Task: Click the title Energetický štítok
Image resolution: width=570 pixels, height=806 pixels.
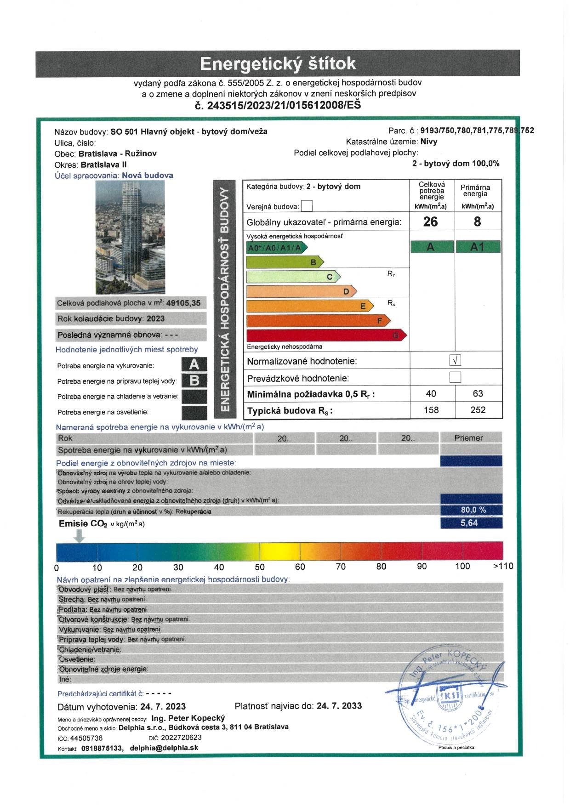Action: pos(278,63)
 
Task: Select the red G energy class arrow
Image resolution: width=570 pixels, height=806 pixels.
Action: pos(326,335)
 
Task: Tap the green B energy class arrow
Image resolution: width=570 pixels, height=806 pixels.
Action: pos(285,262)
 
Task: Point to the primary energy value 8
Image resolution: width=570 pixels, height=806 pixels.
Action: pos(477,221)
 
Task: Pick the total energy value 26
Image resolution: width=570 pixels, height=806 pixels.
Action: pos(430,221)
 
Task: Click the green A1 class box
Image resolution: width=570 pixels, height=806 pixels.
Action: pos(478,247)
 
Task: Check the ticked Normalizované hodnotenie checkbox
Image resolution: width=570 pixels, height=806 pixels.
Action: pos(455,360)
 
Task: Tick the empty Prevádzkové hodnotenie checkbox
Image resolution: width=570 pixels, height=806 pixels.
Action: pos(455,377)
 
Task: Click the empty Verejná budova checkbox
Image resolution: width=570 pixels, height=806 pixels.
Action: pos(307,206)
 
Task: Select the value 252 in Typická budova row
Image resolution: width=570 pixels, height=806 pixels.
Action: pos(478,410)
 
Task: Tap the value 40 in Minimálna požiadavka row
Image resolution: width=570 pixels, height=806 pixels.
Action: pos(431,393)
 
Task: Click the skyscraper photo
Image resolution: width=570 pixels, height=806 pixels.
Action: pos(130,237)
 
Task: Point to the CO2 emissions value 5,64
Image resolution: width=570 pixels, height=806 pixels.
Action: pos(469,523)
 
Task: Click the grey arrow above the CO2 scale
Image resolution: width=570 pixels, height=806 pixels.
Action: pos(80,536)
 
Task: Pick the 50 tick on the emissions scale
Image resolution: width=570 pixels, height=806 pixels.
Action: pos(260,567)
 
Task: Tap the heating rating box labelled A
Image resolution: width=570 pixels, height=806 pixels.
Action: pos(194,364)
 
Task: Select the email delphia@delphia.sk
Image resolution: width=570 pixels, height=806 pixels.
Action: pos(164,748)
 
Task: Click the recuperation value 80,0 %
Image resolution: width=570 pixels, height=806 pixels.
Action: pos(473,510)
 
